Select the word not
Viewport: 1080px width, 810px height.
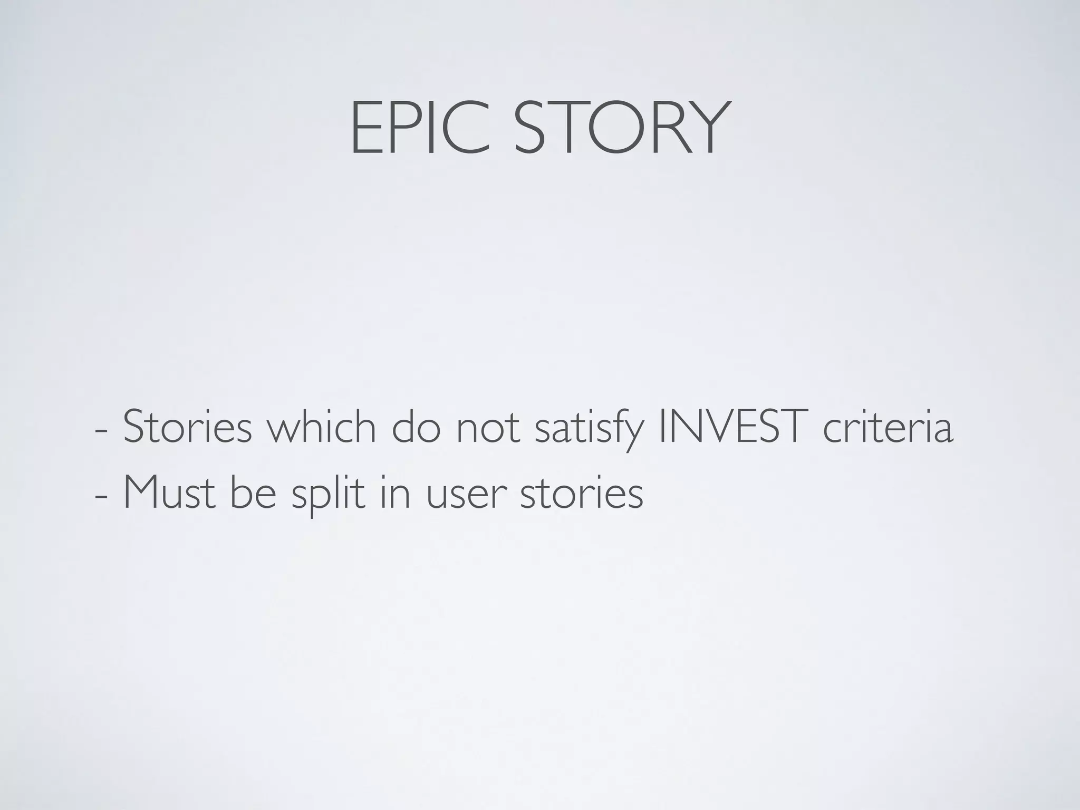pyautogui.click(x=488, y=427)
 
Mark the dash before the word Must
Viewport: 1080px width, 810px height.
pyautogui.click(x=100, y=497)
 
